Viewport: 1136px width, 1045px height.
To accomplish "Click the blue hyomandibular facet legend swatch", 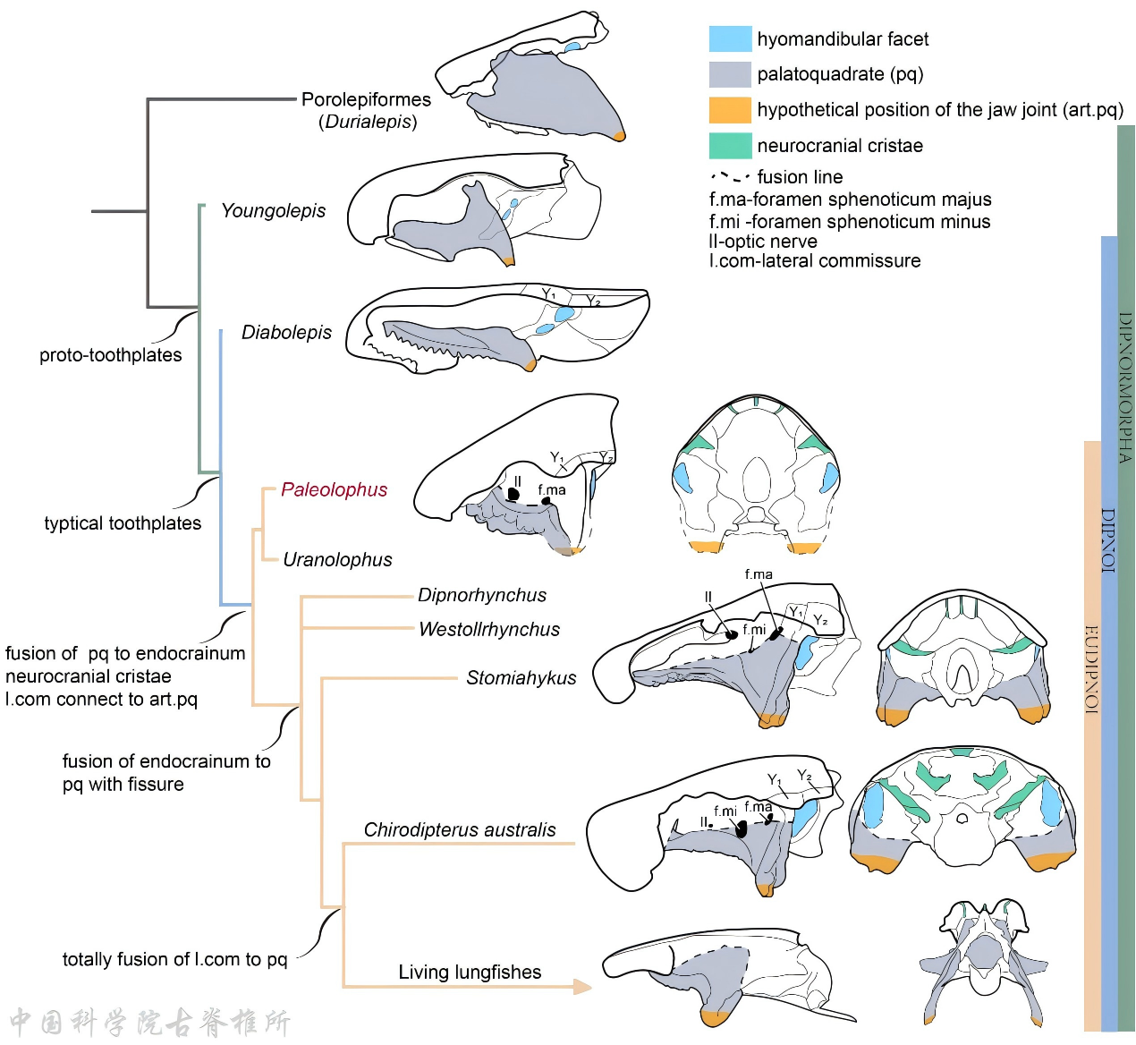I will click(x=730, y=39).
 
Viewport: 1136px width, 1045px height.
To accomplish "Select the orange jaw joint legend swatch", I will click(x=730, y=110).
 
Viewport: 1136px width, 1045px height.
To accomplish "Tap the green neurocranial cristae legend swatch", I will click(x=730, y=146).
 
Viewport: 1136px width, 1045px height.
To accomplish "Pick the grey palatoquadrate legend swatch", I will click(x=730, y=74).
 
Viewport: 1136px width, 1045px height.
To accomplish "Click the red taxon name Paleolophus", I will click(x=334, y=489).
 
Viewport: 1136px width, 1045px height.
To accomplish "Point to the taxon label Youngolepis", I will click(x=273, y=211).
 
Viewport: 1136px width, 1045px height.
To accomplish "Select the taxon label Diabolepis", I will click(x=286, y=333).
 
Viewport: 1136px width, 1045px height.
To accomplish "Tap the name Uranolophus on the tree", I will click(x=337, y=560).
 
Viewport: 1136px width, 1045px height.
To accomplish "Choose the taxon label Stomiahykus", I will click(x=521, y=678).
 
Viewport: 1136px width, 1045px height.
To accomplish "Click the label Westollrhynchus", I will click(x=489, y=630).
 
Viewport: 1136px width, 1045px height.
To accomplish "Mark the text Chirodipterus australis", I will click(x=460, y=830).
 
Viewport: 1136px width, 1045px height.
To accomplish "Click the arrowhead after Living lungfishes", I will click(x=582, y=987).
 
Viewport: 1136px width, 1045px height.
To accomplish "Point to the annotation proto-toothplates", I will click(x=110, y=355).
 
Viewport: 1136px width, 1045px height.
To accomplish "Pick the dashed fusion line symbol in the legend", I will click(x=730, y=177).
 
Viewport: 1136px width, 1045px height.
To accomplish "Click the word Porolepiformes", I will click(x=366, y=99).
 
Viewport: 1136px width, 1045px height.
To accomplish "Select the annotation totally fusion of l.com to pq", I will click(x=174, y=960).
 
